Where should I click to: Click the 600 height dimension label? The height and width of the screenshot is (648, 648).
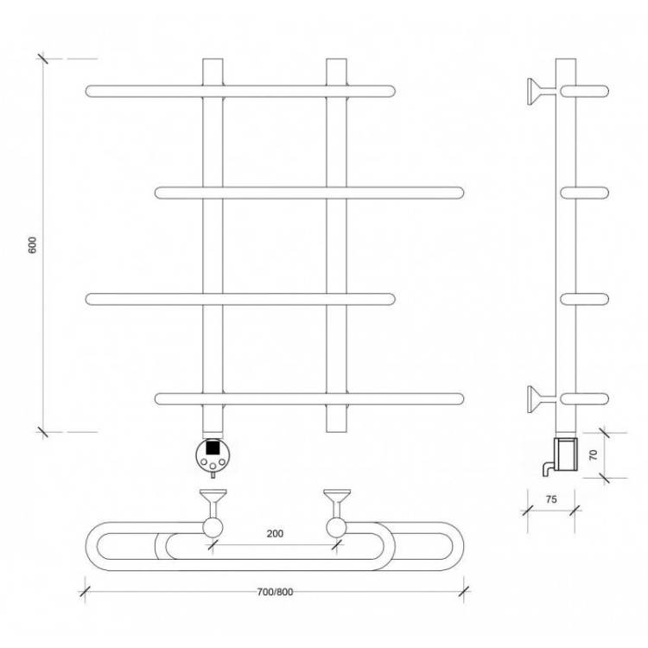click(32, 245)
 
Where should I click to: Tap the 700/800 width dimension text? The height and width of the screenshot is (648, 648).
click(275, 592)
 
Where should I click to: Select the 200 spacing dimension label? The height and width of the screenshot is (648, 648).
click(275, 534)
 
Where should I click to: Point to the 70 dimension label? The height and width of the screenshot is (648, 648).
click(593, 455)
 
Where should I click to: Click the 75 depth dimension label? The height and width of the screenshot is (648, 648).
click(551, 499)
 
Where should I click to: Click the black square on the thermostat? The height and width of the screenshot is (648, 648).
click(213, 448)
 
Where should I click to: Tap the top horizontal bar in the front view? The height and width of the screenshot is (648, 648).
click(240, 91)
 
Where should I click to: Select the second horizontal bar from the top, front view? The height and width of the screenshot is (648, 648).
click(309, 193)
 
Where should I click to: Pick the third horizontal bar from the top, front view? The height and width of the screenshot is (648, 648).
click(240, 299)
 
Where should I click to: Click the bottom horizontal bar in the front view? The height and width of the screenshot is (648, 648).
click(309, 399)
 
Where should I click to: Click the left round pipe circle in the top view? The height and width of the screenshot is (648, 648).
click(213, 528)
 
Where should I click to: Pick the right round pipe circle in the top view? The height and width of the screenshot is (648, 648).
click(336, 528)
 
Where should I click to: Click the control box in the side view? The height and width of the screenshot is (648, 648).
click(565, 454)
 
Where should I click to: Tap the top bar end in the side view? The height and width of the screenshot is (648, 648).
click(584, 91)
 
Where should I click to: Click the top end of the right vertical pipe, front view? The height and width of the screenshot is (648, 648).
click(336, 59)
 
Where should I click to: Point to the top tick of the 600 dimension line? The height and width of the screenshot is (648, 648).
click(43, 59)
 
